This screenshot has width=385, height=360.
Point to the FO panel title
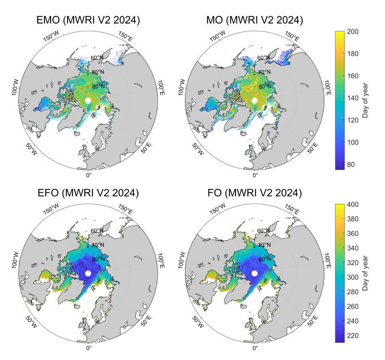pos(255,193)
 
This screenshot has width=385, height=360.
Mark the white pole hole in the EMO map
pos(88,100)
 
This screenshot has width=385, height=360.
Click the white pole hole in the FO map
pos(254,274)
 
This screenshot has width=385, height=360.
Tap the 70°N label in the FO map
pos(263,246)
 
